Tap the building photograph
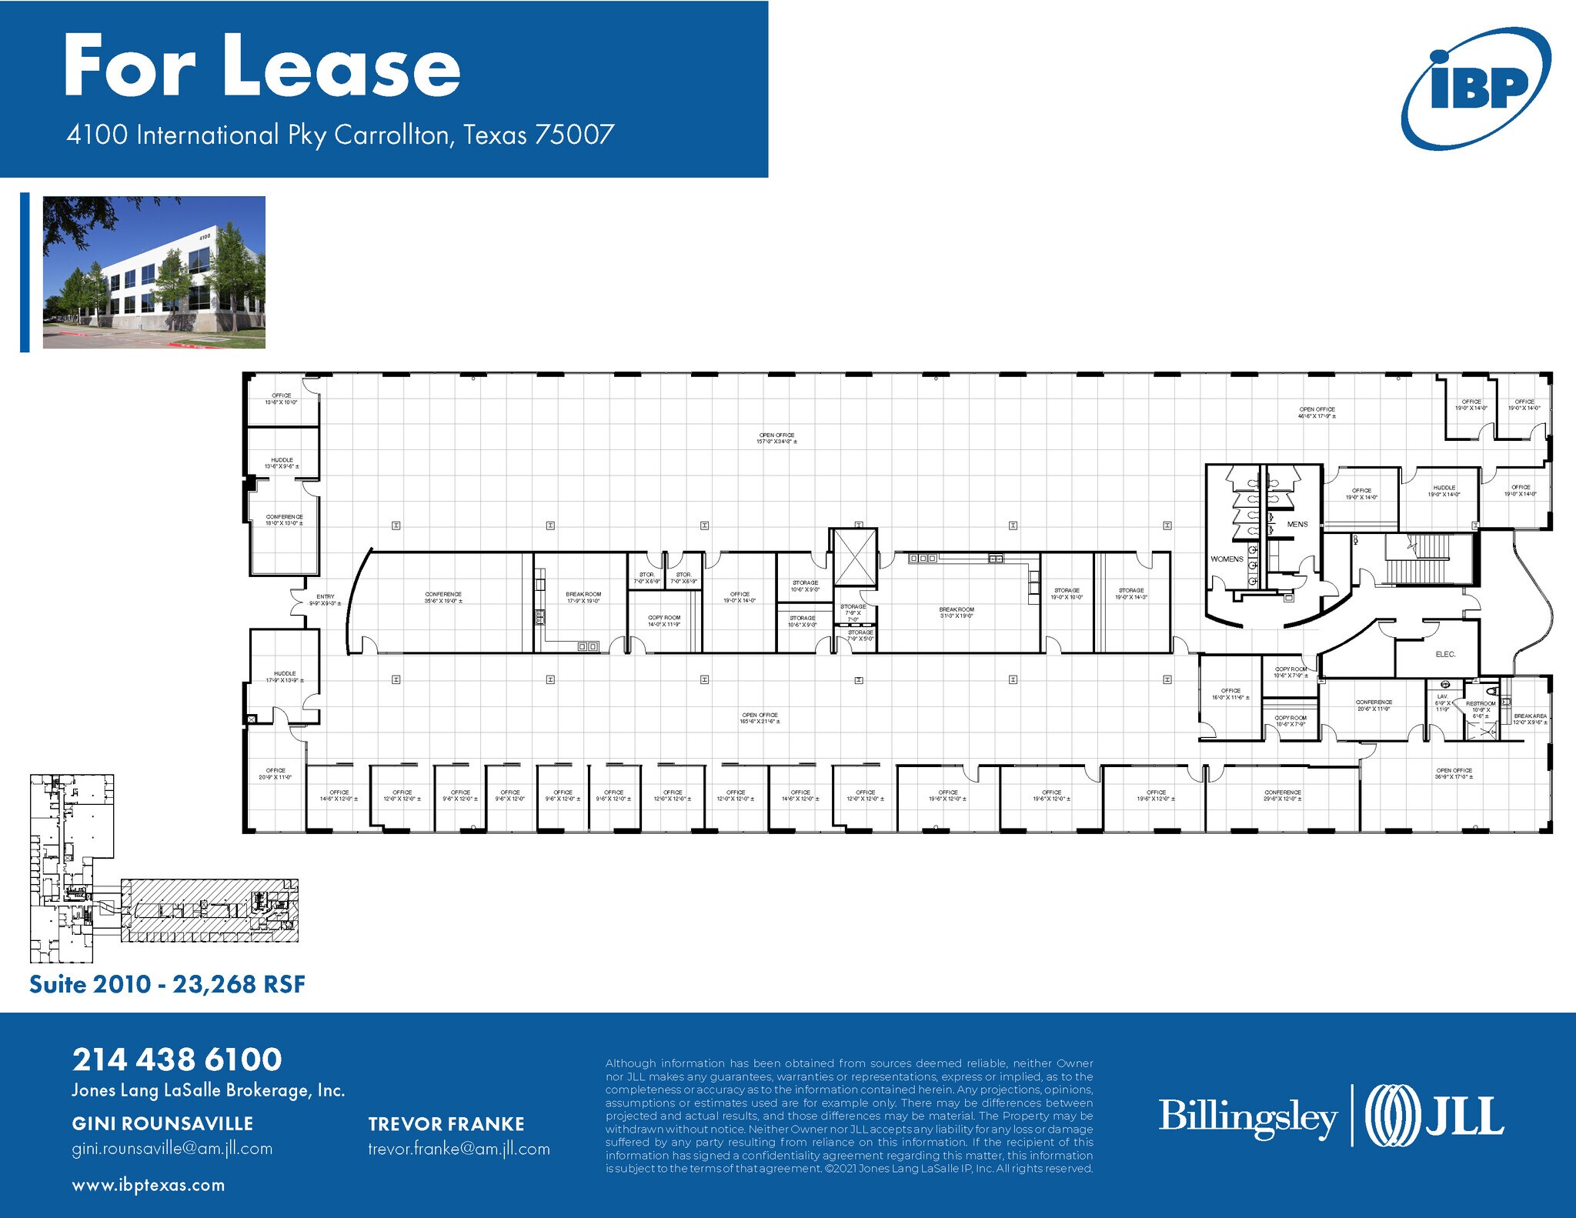154,272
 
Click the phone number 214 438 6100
177,1059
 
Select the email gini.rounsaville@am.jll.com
172,1149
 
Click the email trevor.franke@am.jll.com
459,1149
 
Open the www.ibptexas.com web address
149,1185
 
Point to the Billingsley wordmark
1247,1116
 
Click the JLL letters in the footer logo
1464,1116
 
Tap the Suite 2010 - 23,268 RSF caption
167,984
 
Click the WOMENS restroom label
1227,559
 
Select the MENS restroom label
1297,525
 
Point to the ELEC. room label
1445,655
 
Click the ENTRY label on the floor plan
326,597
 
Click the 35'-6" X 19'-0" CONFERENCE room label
443,597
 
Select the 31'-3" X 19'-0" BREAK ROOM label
957,612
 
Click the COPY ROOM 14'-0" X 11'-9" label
664,621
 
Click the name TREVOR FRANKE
446,1124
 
